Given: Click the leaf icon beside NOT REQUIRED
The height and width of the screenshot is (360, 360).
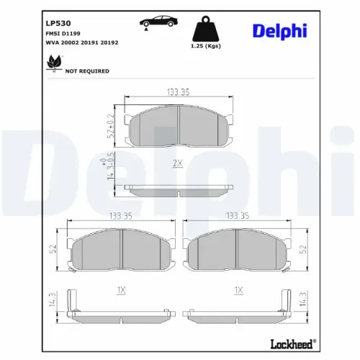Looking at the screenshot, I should [53, 66].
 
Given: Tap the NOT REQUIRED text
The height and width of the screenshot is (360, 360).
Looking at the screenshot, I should [87, 71].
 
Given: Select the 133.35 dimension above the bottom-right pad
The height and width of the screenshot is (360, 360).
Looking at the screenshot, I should [238, 215].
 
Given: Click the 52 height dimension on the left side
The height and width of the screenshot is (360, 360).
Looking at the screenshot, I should [53, 250].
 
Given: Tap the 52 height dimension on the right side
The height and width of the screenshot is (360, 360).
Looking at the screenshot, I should [303, 250].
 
